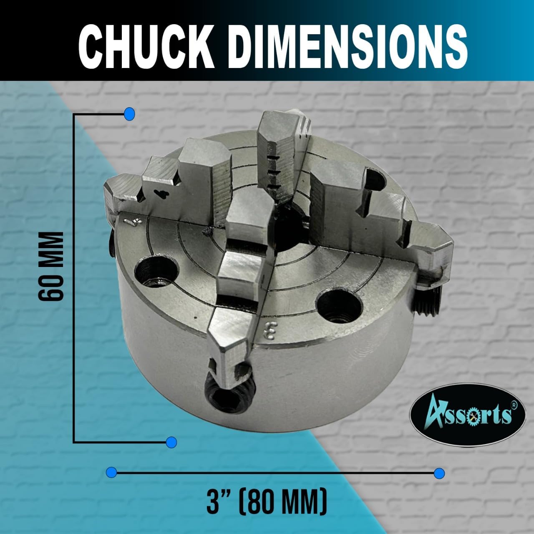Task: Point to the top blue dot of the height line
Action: pyautogui.click(x=130, y=113)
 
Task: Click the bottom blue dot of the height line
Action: pyautogui.click(x=171, y=442)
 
